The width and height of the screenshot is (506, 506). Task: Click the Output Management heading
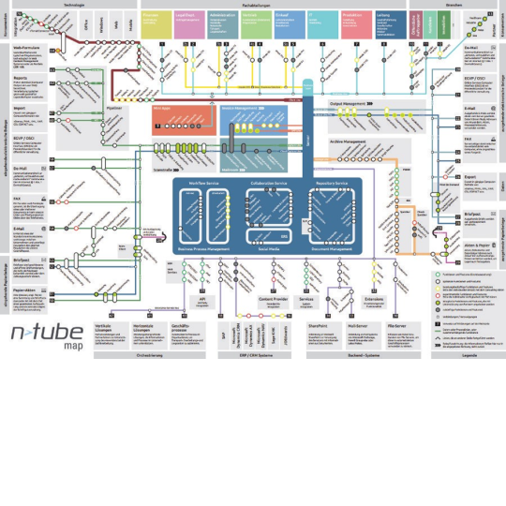click(x=350, y=103)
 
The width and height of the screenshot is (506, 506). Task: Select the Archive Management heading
click(x=350, y=141)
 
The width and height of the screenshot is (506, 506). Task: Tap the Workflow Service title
click(x=203, y=182)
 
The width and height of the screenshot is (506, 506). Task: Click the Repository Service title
click(x=335, y=182)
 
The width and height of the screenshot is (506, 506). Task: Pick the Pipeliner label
click(x=115, y=108)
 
